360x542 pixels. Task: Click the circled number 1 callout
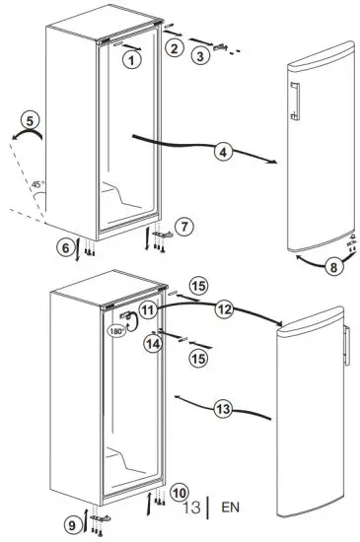pyautogui.click(x=131, y=59)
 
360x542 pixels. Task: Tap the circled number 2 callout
pyautogui.click(x=174, y=47)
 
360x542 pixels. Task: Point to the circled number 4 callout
pyautogui.click(x=223, y=152)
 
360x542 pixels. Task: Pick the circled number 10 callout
pyautogui.click(x=178, y=491)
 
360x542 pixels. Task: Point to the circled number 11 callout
pyautogui.click(x=147, y=309)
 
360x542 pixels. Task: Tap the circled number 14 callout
pyautogui.click(x=152, y=344)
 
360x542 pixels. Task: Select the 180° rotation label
pyautogui.click(x=117, y=331)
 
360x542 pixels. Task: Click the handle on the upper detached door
pyautogui.click(x=293, y=101)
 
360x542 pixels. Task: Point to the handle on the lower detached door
pyautogui.click(x=346, y=348)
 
